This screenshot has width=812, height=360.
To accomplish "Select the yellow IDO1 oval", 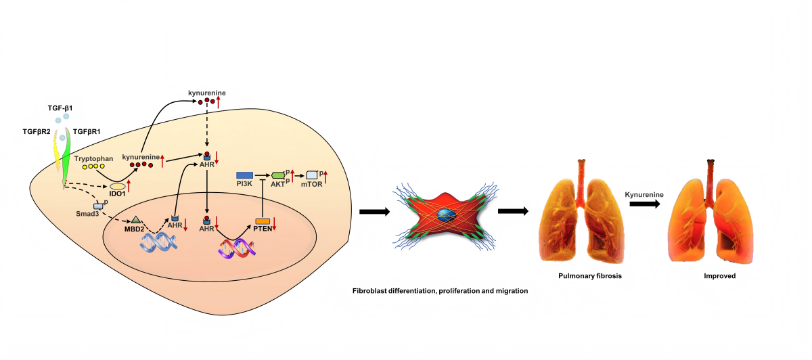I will click(x=118, y=185).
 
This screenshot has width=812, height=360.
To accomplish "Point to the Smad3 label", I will click(x=87, y=212).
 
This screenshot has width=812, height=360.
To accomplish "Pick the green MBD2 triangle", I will click(x=135, y=219).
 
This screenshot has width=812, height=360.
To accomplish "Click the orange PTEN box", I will click(x=263, y=221).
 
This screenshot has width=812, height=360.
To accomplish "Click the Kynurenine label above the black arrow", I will click(x=644, y=194).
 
